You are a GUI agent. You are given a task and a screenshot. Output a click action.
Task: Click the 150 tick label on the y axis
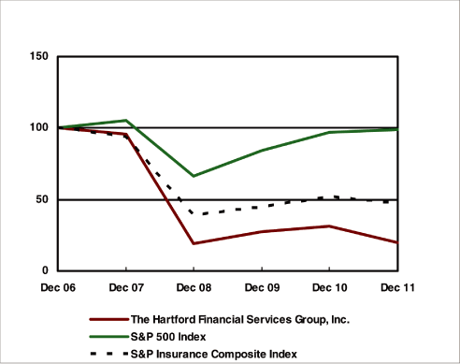coord(39,56)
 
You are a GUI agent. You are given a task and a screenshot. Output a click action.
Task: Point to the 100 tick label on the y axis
coord(39,127)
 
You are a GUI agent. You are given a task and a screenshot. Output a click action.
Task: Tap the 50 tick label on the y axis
coord(42,199)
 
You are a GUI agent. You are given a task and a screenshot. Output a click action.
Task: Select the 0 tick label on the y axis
coord(46,270)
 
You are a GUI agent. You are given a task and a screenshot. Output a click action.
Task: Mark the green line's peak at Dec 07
coord(126,121)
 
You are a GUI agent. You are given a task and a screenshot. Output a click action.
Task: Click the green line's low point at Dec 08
coord(194,176)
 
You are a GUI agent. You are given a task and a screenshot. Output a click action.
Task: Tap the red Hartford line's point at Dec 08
coord(194,243)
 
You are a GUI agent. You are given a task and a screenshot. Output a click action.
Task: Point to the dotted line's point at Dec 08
coord(194,214)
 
